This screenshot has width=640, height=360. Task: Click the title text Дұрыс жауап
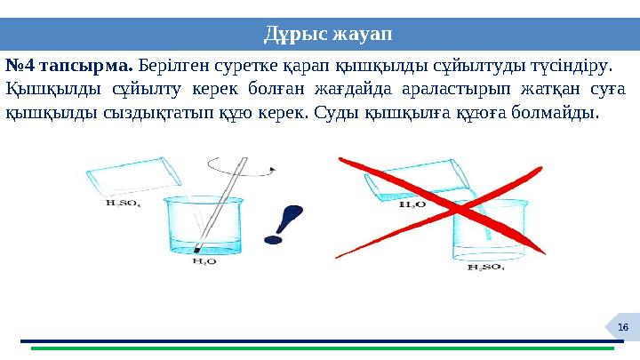tap(328, 35)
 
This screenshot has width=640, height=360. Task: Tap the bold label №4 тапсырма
tap(70, 66)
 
